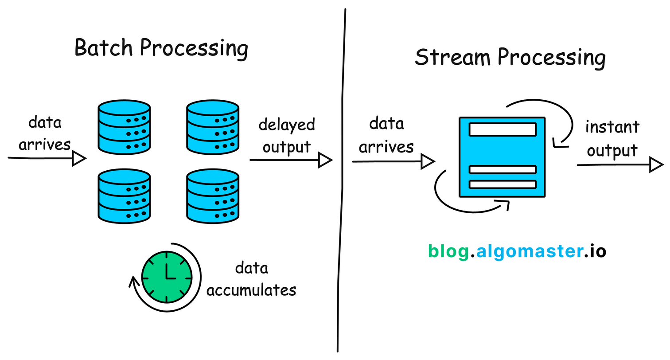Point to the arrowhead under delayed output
(326, 160)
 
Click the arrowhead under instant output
(657, 165)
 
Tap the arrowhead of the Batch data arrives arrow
(79, 158)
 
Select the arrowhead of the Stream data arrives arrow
(427, 162)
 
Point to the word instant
(612, 127)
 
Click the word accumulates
(251, 290)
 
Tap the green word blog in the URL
(448, 251)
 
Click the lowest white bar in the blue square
(502, 184)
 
